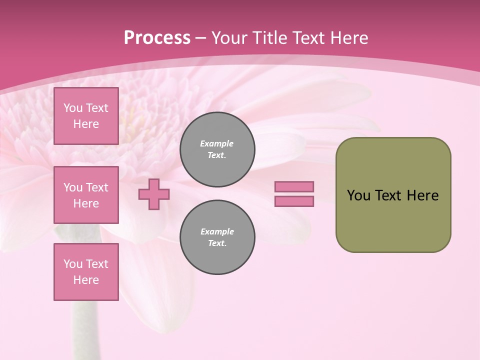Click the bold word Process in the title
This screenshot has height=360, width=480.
click(157, 38)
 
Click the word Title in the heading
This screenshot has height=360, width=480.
click(271, 38)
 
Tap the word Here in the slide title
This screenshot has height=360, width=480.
click(349, 38)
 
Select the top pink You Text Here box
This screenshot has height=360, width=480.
click(86, 116)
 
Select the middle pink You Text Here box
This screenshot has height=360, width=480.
click(86, 195)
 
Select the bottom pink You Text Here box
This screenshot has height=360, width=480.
click(86, 272)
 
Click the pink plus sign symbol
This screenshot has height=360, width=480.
click(154, 194)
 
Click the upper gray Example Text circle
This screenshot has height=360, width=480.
click(217, 149)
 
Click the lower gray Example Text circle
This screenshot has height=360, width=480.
click(217, 237)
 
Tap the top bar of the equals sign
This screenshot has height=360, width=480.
click(294, 186)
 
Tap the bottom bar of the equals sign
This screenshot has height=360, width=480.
click(294, 201)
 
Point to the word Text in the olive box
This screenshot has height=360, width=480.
click(388, 195)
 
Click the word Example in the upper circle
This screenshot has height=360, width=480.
click(216, 143)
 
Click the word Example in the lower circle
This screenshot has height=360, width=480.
click(217, 231)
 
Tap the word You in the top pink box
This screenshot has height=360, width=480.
click(73, 108)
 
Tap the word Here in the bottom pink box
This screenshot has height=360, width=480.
click(86, 280)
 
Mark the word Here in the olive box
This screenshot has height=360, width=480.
click(422, 195)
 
